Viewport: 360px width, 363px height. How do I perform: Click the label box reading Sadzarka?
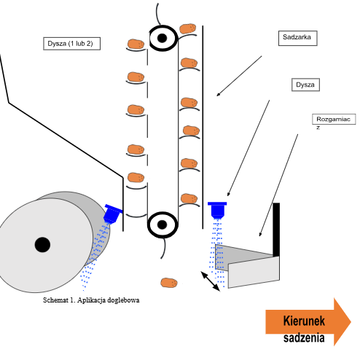click(x=297, y=38)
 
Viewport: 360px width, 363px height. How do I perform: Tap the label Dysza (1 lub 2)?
click(x=71, y=44)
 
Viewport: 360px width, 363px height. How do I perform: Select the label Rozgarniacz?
click(x=334, y=120)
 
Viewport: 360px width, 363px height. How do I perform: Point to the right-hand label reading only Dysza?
click(x=305, y=85)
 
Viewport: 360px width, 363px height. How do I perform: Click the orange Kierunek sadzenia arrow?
click(x=308, y=321)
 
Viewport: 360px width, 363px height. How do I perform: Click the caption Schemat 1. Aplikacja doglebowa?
click(x=91, y=300)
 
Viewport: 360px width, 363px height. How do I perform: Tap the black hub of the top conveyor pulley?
click(x=162, y=38)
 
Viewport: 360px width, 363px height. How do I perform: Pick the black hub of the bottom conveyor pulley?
click(x=162, y=225)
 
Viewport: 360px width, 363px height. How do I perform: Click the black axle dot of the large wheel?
click(x=42, y=245)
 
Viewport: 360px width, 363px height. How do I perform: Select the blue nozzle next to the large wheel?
click(x=112, y=214)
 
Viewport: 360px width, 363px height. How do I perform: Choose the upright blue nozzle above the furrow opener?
click(x=217, y=209)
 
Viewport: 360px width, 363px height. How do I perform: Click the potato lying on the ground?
click(x=169, y=283)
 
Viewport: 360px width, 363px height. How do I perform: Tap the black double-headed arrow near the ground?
click(x=211, y=281)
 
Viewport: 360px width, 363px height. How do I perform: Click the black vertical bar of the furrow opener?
click(x=276, y=230)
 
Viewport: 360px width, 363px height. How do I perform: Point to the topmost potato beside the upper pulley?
click(x=188, y=28)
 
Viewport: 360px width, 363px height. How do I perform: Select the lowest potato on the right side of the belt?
click(x=189, y=198)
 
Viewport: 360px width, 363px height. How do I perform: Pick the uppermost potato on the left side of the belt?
click(x=136, y=44)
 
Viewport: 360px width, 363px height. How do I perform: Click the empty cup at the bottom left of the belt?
click(x=136, y=216)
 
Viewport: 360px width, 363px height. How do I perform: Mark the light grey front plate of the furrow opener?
click(x=254, y=273)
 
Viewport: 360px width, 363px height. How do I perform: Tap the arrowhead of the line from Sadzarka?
click(x=218, y=95)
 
